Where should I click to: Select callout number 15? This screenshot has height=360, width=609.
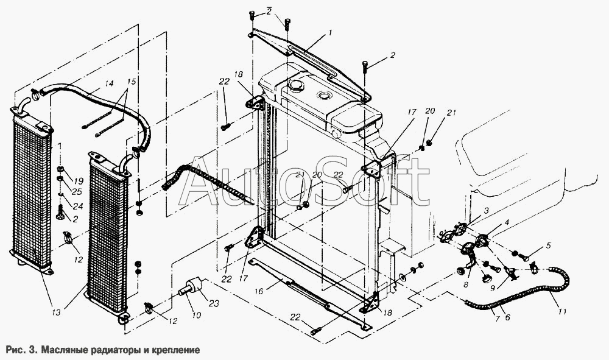[x=132, y=82]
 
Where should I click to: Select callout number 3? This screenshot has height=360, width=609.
[x=486, y=210]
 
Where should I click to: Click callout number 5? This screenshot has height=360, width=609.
[x=548, y=245]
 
